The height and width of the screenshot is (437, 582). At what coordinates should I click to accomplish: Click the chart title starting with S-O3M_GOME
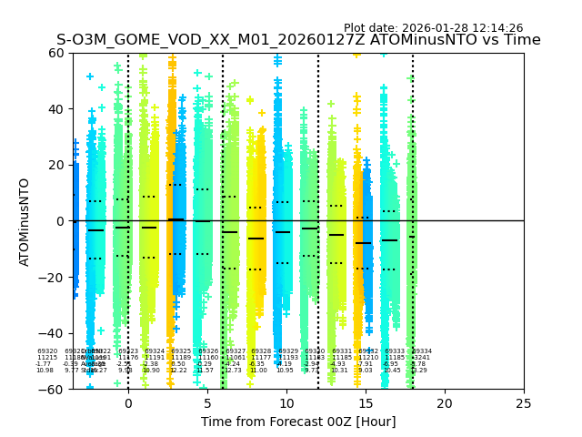click(298, 40)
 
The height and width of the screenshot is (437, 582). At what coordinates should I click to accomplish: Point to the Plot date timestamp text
click(433, 28)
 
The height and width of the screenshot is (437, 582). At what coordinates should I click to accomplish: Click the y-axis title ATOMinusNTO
click(25, 221)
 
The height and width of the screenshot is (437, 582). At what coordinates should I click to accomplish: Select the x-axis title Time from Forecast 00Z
click(298, 422)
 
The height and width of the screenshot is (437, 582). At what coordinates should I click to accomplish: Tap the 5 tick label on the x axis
click(207, 402)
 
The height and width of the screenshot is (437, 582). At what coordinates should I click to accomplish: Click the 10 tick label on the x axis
click(286, 402)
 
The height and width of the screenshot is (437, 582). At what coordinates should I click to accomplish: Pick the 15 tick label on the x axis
click(366, 402)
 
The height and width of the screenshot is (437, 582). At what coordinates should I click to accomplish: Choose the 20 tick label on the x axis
click(445, 402)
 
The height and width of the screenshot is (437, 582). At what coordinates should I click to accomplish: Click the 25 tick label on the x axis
click(524, 402)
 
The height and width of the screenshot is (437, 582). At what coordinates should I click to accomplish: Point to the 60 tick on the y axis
click(55, 53)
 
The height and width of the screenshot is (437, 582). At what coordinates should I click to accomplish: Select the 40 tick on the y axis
click(55, 109)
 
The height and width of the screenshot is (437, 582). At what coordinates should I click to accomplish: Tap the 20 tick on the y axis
click(55, 165)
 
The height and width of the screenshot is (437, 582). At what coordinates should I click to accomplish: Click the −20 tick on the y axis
click(52, 277)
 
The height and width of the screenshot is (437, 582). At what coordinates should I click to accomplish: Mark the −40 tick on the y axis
click(52, 333)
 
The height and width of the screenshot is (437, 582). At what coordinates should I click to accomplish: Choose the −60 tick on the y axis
click(52, 389)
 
